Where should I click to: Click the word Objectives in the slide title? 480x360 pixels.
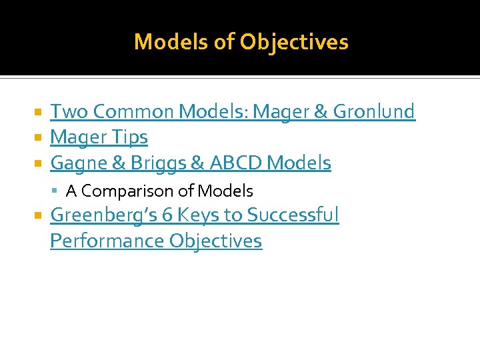pos(294,42)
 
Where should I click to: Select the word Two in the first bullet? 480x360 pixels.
pos(65,111)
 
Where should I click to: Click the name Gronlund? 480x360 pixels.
pos(374,111)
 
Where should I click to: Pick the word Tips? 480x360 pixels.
pos(130,137)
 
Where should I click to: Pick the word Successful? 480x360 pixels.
pos(293,215)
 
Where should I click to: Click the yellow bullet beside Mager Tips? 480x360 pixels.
pos(39,138)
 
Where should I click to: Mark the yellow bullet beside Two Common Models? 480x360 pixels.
pos(39,112)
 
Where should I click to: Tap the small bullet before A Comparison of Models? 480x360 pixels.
pos(56,191)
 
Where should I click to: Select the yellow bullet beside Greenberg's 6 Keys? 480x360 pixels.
pos(39,216)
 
